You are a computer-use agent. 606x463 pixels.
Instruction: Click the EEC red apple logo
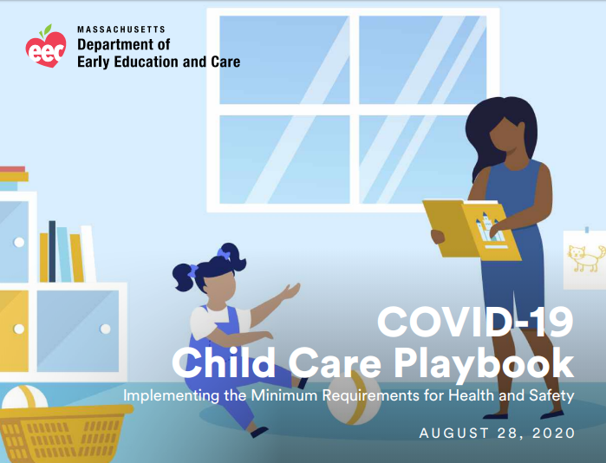[45, 47]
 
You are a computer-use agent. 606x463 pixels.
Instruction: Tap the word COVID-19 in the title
[475, 323]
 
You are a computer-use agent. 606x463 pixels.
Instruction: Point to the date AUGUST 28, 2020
[496, 433]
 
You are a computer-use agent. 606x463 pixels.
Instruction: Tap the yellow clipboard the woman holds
[472, 228]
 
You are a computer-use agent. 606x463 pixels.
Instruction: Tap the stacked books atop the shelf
[13, 178]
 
